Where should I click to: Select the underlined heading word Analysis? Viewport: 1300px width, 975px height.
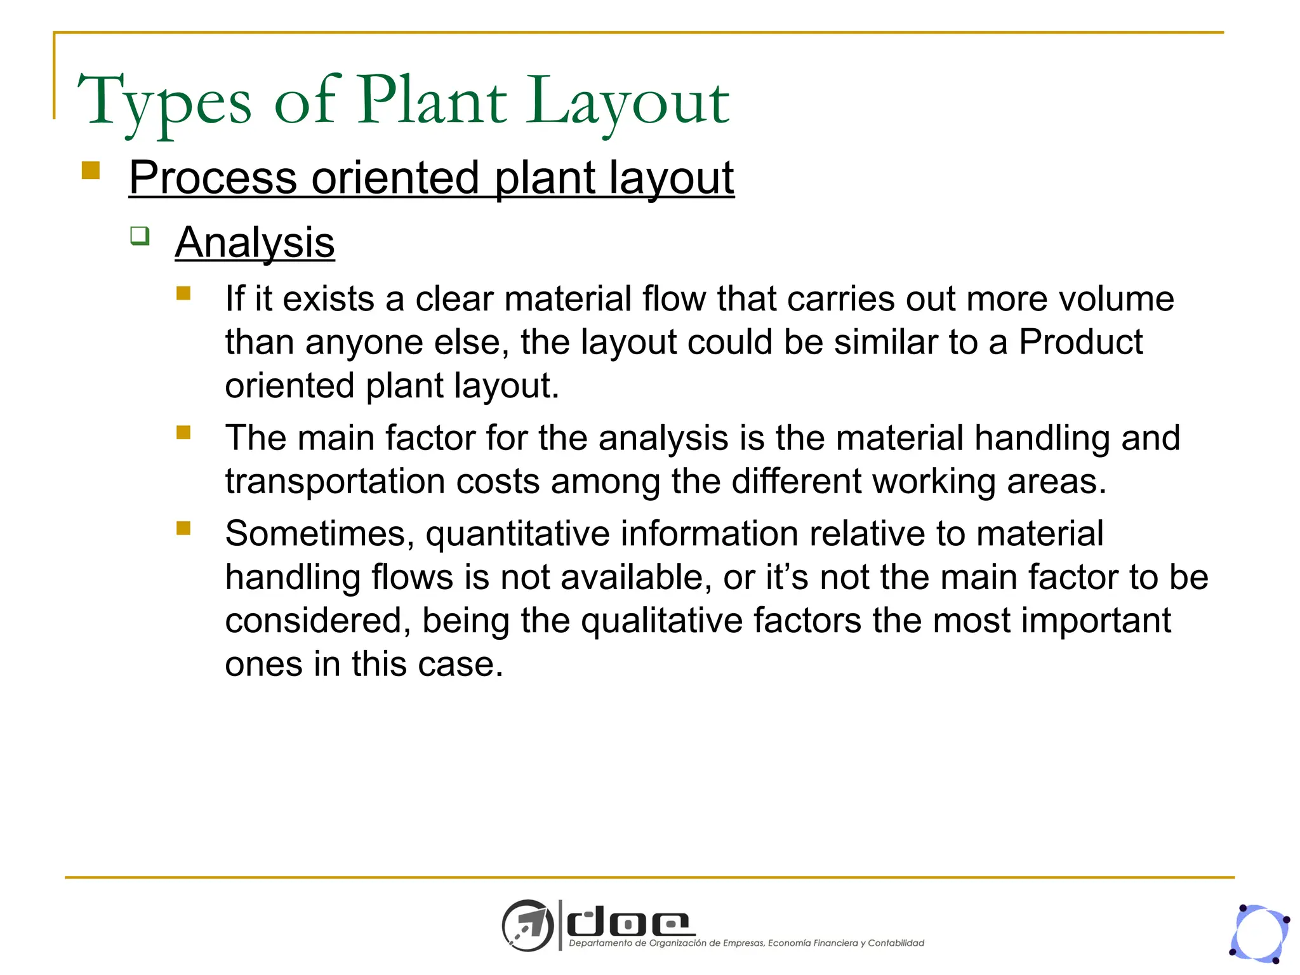[x=255, y=242]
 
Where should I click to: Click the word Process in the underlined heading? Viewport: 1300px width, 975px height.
[x=213, y=178]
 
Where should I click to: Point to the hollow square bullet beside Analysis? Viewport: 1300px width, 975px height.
[x=140, y=236]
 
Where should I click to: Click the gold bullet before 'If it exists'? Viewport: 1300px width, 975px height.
[x=183, y=293]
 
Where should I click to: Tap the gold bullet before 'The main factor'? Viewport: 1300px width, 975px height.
[x=183, y=433]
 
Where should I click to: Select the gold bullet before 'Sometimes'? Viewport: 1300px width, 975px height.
[x=183, y=528]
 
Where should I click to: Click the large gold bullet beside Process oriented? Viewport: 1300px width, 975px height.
[x=91, y=171]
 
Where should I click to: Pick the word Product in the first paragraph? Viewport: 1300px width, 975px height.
[x=1080, y=342]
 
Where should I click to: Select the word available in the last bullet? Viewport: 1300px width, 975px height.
[x=606, y=578]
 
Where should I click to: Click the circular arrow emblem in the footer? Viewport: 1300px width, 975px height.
[x=527, y=925]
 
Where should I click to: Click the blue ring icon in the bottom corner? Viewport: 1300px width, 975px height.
[x=1260, y=934]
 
